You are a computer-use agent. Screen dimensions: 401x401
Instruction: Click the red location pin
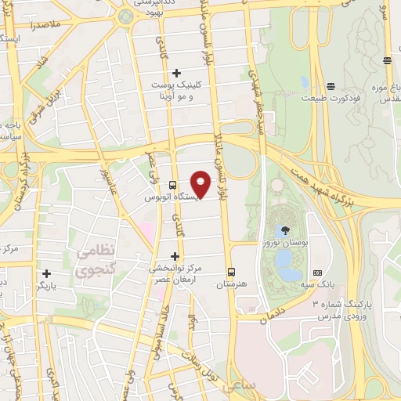[x=201, y=183]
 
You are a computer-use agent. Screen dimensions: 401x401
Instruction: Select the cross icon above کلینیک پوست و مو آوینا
[x=177, y=73]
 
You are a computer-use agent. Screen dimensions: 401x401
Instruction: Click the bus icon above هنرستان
[x=231, y=272]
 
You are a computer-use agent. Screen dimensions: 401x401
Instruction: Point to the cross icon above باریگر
[x=48, y=274]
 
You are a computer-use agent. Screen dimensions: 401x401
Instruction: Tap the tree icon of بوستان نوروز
[x=284, y=230]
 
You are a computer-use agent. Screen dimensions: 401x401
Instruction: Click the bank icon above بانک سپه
[x=317, y=273]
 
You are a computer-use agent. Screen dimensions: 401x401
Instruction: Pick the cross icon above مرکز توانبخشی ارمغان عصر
[x=175, y=256]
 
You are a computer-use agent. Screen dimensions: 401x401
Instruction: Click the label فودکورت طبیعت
[x=333, y=99]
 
